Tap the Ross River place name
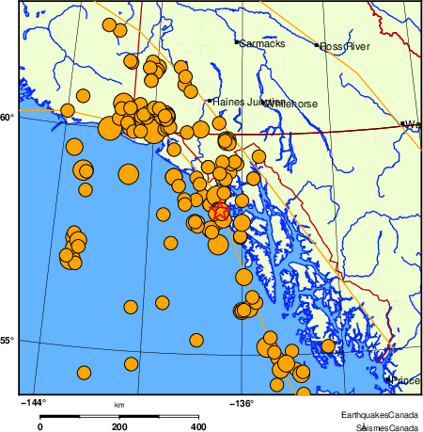(x=345, y=45)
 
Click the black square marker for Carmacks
(x=236, y=42)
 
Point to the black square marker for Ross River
(x=318, y=44)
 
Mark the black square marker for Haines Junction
(x=209, y=101)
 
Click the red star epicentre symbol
(x=219, y=212)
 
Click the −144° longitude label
(x=33, y=402)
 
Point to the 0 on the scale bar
(x=39, y=426)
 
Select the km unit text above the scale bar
(x=119, y=406)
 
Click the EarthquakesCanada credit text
(x=380, y=415)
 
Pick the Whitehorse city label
(x=293, y=104)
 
